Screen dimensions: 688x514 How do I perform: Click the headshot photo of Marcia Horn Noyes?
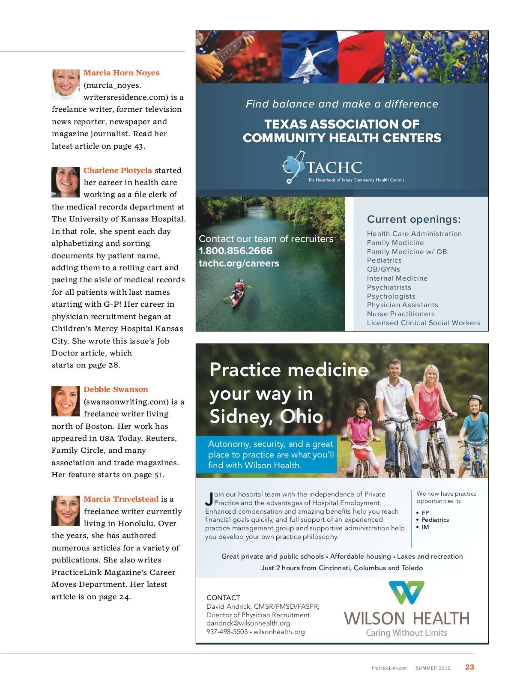(x=66, y=84)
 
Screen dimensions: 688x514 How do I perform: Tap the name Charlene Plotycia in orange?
(x=117, y=171)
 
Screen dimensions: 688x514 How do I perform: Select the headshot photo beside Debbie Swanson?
(x=66, y=401)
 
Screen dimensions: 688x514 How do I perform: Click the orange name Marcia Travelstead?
(x=121, y=499)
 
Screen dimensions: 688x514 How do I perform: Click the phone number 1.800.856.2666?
(x=236, y=251)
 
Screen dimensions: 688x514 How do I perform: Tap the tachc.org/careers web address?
(x=239, y=263)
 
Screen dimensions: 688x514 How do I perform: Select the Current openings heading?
(x=413, y=219)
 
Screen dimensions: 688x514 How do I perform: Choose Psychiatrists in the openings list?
(x=389, y=287)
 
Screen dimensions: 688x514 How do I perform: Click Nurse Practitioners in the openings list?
(x=400, y=314)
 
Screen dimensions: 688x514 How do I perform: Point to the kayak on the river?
(x=237, y=293)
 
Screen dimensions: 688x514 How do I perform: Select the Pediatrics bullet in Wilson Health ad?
(x=435, y=520)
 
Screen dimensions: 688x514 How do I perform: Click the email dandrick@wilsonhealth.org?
(x=248, y=623)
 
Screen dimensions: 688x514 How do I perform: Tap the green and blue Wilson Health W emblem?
(x=406, y=592)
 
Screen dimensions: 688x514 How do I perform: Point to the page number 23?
(x=469, y=667)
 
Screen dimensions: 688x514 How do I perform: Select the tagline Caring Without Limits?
(x=406, y=633)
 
